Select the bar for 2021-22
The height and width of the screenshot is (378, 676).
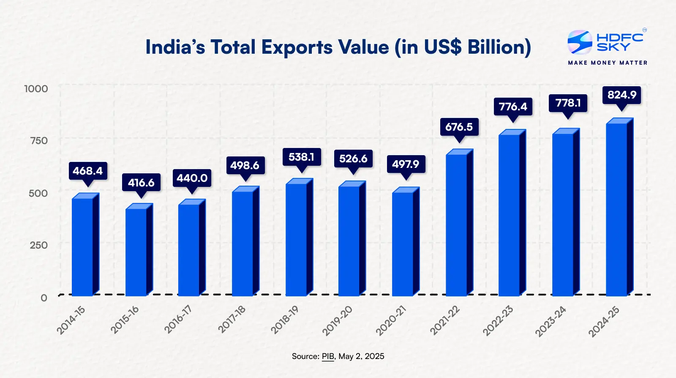[x=457, y=225]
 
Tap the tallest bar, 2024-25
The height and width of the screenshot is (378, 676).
[x=617, y=209]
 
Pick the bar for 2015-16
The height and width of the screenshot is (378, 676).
[x=136, y=252]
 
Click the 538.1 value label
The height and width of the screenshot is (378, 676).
[x=301, y=157]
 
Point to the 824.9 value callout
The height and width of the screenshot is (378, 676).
[x=621, y=95]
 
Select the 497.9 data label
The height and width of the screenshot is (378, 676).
[x=406, y=164]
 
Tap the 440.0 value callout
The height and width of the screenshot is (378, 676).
[x=192, y=178]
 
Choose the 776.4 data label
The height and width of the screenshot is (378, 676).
[x=513, y=107]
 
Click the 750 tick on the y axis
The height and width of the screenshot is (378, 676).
[x=39, y=141]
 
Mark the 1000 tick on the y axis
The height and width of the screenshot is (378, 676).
[x=36, y=89]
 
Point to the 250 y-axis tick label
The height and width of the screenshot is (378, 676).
[x=39, y=245]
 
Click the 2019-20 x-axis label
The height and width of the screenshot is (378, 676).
[x=337, y=321]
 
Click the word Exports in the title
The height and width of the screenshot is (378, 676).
[x=297, y=47]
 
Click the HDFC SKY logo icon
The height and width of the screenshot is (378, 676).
[x=579, y=42]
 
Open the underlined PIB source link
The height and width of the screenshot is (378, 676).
[x=328, y=356]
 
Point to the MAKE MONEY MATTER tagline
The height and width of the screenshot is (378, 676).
[x=608, y=63]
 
